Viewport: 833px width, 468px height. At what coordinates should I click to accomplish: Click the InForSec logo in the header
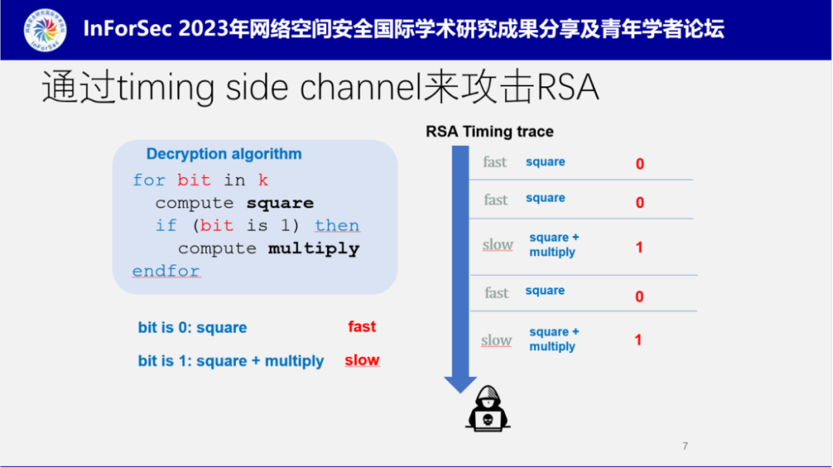tap(46, 30)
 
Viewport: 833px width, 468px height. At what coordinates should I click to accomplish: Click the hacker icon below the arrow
tap(487, 409)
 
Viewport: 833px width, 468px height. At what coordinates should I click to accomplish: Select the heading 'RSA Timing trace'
tap(490, 132)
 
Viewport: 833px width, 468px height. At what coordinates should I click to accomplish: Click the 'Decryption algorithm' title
tap(224, 154)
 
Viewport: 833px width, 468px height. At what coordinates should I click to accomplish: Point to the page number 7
tap(685, 446)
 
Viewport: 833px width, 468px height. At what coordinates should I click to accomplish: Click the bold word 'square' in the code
tap(280, 204)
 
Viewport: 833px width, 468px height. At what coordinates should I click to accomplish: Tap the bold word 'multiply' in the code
tap(314, 249)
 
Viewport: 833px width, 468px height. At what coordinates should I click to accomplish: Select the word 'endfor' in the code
tap(166, 271)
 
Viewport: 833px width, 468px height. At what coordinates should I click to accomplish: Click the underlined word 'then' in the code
tap(337, 226)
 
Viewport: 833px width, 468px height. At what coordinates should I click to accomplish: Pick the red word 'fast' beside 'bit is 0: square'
tap(362, 327)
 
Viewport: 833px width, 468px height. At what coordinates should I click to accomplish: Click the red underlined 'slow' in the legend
tap(362, 361)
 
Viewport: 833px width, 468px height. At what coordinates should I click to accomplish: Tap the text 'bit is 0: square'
tap(193, 328)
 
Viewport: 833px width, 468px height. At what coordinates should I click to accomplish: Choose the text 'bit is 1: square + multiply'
tap(231, 362)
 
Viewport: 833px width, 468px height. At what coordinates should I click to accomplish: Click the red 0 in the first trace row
tap(639, 164)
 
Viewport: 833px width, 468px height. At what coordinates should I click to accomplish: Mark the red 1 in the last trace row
tap(638, 340)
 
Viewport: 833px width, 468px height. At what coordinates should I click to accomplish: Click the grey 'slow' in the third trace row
tap(497, 245)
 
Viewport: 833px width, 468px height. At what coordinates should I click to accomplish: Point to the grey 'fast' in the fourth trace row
tap(496, 293)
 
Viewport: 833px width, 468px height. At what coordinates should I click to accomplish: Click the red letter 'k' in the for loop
tap(263, 180)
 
